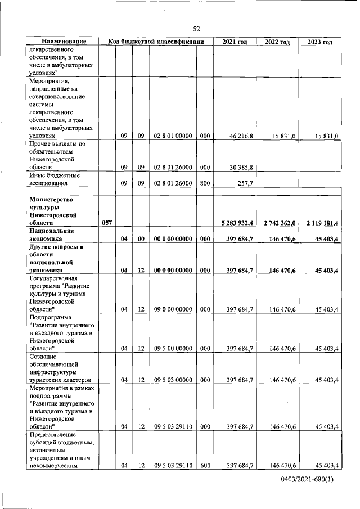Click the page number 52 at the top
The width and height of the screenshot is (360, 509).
pyautogui.click(x=196, y=29)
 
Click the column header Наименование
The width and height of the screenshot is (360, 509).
pyautogui.click(x=63, y=42)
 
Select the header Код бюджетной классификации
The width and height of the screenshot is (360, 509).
pyautogui.click(x=156, y=42)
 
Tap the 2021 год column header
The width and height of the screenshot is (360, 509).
pyautogui.click(x=234, y=42)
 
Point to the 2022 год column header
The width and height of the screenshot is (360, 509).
pyautogui.click(x=277, y=42)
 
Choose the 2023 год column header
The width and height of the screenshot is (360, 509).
pyautogui.click(x=319, y=42)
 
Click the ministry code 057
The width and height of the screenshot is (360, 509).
pyautogui.click(x=107, y=223)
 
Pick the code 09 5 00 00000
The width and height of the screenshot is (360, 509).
pyautogui.click(x=173, y=348)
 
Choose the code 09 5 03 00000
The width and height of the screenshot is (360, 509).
pyautogui.click(x=173, y=380)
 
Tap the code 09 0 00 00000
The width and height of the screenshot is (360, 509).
pyautogui.click(x=173, y=309)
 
